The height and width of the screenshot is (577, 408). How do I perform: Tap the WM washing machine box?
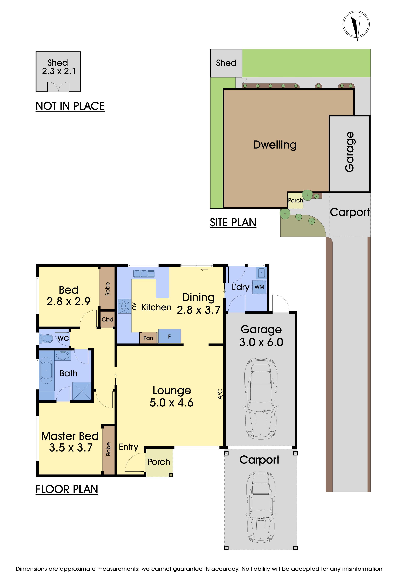pos(259,287)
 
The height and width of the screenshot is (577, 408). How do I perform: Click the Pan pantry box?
pos(148,338)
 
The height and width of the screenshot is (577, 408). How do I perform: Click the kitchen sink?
pos(144,273)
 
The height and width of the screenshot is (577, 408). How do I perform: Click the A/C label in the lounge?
pos(220,394)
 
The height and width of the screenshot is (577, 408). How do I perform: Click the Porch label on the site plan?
pos(296,200)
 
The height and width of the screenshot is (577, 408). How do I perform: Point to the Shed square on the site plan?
pos(226,63)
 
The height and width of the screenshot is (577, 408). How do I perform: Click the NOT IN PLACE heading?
pos(70,106)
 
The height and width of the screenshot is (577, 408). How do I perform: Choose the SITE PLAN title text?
pos(233,223)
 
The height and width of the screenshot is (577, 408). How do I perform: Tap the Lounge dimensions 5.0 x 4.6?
pos(172,403)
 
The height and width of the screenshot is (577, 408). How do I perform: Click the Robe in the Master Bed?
pos(108,449)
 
